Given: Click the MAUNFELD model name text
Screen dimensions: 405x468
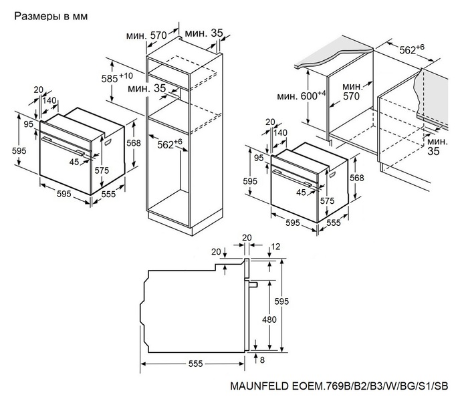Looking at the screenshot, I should tap(339, 386).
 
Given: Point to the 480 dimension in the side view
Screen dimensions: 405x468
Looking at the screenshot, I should tap(269, 319).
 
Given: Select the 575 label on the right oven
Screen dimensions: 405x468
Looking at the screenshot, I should tap(327, 200).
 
